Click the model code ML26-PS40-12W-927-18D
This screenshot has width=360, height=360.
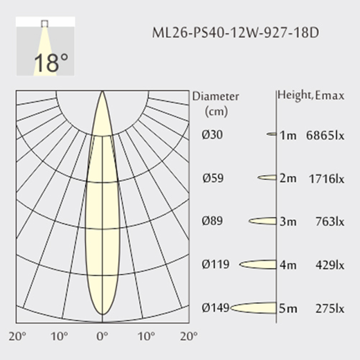(235, 33)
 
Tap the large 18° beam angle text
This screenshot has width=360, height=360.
(51, 62)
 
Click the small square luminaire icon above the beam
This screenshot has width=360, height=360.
(44, 24)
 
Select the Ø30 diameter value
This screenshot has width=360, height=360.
(212, 134)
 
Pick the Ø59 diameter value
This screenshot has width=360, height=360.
(213, 178)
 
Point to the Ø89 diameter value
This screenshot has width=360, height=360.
(212, 221)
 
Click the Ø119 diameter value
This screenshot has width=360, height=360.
(215, 264)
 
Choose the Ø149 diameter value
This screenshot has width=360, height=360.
(215, 307)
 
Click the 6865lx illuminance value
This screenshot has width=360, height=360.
(325, 135)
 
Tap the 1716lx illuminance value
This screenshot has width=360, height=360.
(327, 179)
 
